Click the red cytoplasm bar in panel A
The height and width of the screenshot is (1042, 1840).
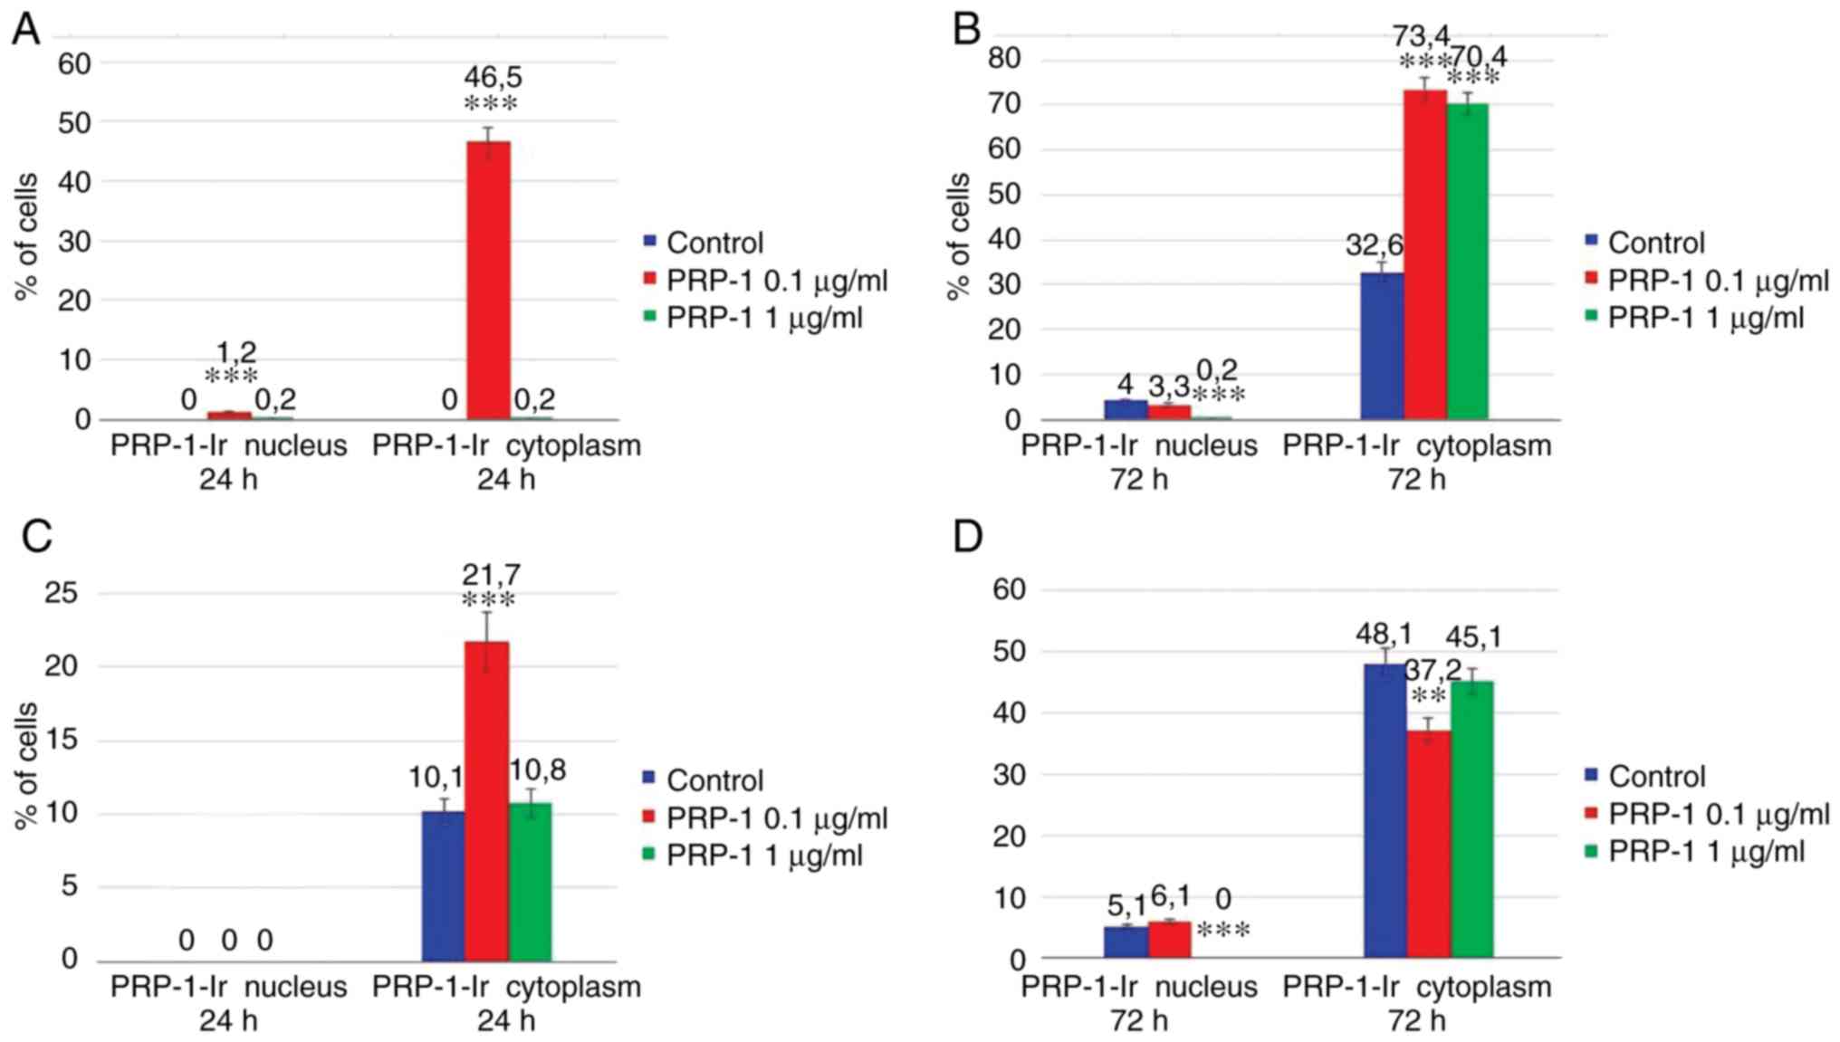(x=488, y=280)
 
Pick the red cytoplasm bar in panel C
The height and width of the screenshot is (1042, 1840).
(x=486, y=800)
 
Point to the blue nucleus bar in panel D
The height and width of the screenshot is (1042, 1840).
(x=1125, y=941)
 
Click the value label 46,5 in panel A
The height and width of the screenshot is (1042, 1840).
(x=493, y=77)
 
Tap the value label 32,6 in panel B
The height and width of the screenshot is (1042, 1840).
(x=1374, y=244)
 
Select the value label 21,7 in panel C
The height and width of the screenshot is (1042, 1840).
(x=491, y=574)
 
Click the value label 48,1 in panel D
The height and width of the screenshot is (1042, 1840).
(x=1384, y=634)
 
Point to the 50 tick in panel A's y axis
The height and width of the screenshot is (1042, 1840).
(x=74, y=123)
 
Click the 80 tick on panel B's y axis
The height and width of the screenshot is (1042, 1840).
(x=1004, y=59)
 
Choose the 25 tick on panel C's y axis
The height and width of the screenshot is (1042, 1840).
(x=62, y=594)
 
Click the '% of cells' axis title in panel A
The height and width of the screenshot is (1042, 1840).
(x=26, y=236)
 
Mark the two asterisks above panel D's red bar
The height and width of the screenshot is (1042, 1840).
(x=1428, y=696)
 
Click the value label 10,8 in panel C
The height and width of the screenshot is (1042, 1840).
(x=538, y=770)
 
